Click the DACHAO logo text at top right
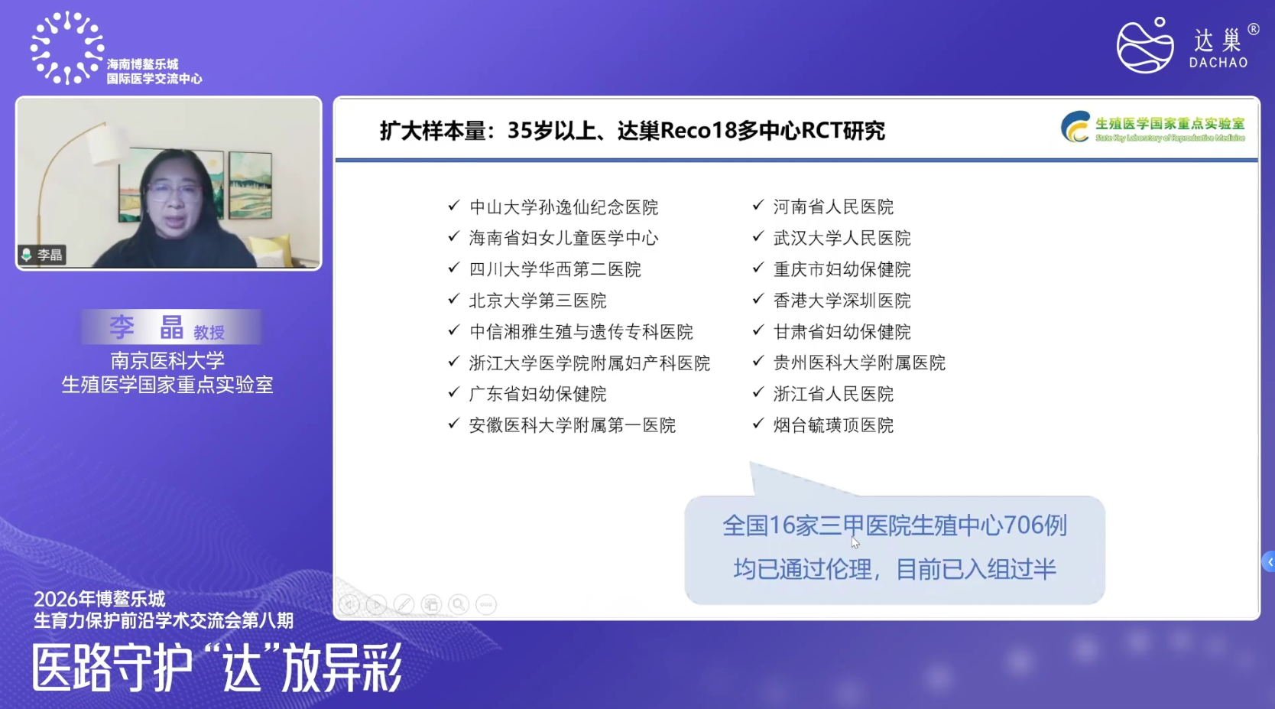1218,62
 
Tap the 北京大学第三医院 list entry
538,301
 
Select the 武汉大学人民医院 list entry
842,238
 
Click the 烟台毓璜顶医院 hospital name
833,425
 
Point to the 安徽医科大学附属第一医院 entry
572,425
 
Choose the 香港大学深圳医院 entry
842,301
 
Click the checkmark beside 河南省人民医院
758,205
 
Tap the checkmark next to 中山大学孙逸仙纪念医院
453,205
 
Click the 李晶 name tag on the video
42,255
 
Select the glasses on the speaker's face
173,191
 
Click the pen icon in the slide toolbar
404,604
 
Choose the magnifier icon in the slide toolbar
459,604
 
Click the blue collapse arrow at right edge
1269,562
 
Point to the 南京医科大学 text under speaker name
167,361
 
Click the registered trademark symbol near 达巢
1254,30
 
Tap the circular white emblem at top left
67,48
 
